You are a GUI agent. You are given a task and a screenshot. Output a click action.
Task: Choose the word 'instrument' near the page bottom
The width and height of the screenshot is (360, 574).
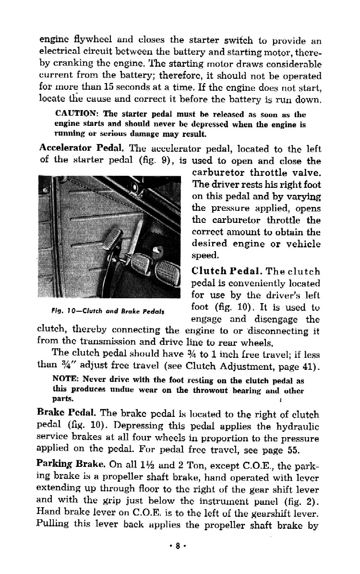point(221,501)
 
